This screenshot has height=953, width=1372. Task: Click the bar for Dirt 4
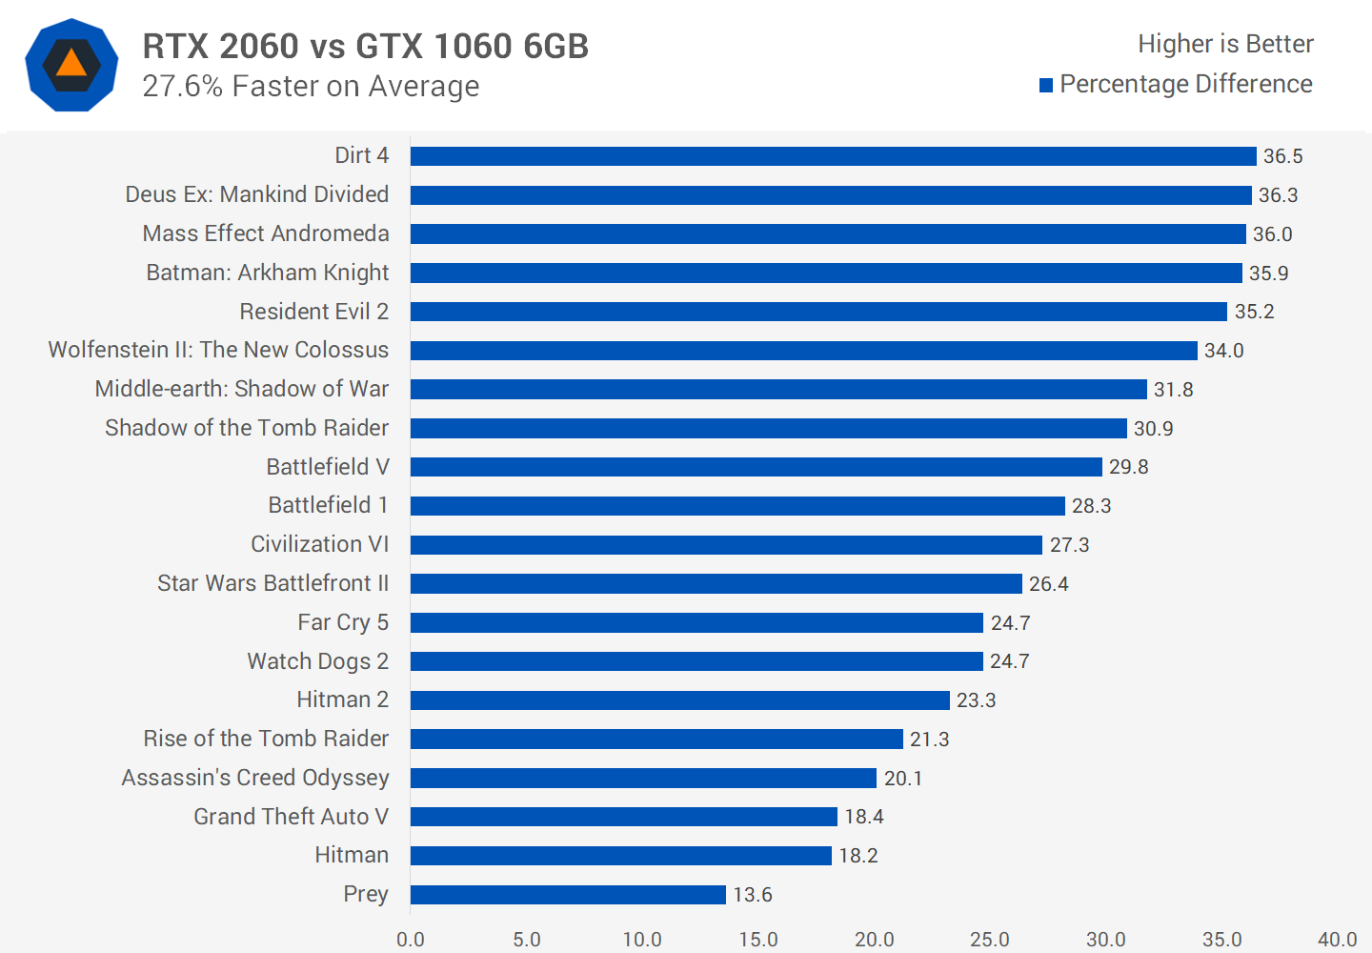point(833,156)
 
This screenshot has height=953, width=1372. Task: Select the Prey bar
point(568,895)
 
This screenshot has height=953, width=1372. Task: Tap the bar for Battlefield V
point(756,467)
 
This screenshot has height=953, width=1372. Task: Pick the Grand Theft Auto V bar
point(623,817)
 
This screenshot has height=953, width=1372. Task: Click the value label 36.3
point(1278,195)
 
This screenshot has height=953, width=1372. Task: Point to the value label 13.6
point(752,895)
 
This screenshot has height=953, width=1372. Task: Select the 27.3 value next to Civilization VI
point(1069,545)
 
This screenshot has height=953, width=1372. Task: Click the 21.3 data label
point(929,740)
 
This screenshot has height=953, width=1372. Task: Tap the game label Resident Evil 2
point(313,312)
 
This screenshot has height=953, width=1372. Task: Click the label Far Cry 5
point(342,622)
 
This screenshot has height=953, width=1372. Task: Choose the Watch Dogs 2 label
point(317,661)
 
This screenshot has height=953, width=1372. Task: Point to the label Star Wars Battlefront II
point(272,583)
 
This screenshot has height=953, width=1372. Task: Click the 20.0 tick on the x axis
point(874,940)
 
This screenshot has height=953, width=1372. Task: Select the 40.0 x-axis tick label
point(1337,940)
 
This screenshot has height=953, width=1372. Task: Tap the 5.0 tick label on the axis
point(526,940)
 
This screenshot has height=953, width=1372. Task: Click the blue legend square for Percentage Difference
point(1046,85)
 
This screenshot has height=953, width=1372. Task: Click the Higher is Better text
point(1225,44)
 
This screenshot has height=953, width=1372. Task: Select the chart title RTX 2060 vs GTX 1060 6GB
point(366,46)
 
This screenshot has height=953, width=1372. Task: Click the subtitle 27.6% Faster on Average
point(311,86)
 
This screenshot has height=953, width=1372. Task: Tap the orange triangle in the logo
point(71,64)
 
